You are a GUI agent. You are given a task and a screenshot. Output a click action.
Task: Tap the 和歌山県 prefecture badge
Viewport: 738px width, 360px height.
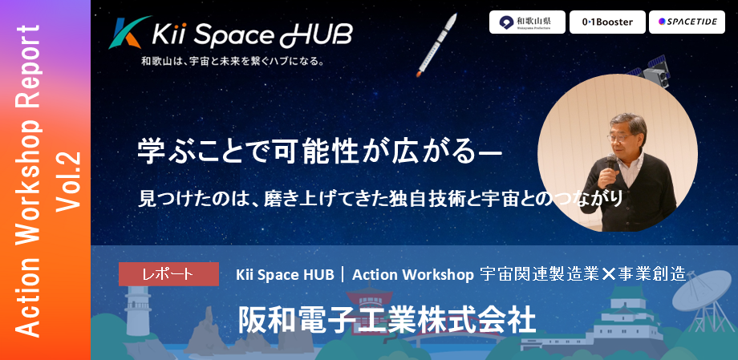[527, 22]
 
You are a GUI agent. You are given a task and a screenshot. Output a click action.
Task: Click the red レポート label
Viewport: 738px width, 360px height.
[168, 273]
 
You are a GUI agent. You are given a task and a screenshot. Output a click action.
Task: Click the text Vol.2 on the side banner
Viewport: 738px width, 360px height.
[71, 180]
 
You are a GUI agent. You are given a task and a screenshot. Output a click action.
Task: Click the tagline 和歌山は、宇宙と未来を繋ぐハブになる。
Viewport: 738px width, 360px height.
[232, 62]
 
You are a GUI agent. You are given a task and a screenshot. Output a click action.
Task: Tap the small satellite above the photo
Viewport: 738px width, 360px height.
[655, 69]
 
